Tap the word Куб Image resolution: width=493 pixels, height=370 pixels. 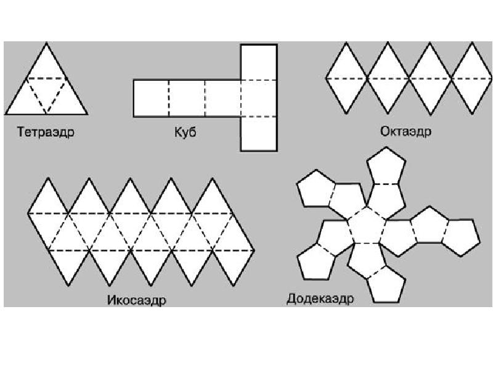[185, 132]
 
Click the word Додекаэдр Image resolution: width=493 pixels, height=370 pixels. [320, 299]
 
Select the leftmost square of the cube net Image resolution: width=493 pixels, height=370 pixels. [151, 98]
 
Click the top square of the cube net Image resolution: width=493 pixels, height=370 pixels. [259, 62]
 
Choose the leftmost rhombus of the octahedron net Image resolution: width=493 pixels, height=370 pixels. [346, 78]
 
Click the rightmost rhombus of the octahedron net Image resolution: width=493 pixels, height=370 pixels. [471, 78]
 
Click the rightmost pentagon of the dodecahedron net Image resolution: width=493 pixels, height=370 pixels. [460, 237]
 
